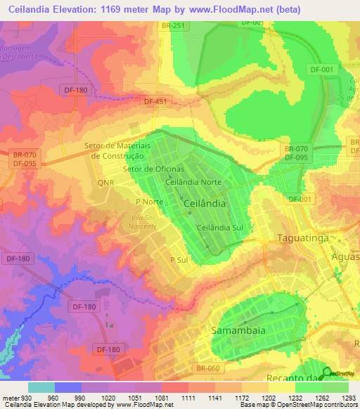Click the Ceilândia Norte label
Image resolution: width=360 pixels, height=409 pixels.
pos(193,182)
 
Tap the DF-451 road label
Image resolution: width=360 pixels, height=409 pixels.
pos(156,101)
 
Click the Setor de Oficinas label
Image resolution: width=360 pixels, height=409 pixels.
pos(153,169)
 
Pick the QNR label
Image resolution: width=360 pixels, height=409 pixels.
pos(105,182)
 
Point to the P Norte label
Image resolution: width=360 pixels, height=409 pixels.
pos(149,202)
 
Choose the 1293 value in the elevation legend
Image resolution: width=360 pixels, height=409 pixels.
pos(348,397)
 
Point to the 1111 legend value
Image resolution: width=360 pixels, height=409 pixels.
pos(188,397)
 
